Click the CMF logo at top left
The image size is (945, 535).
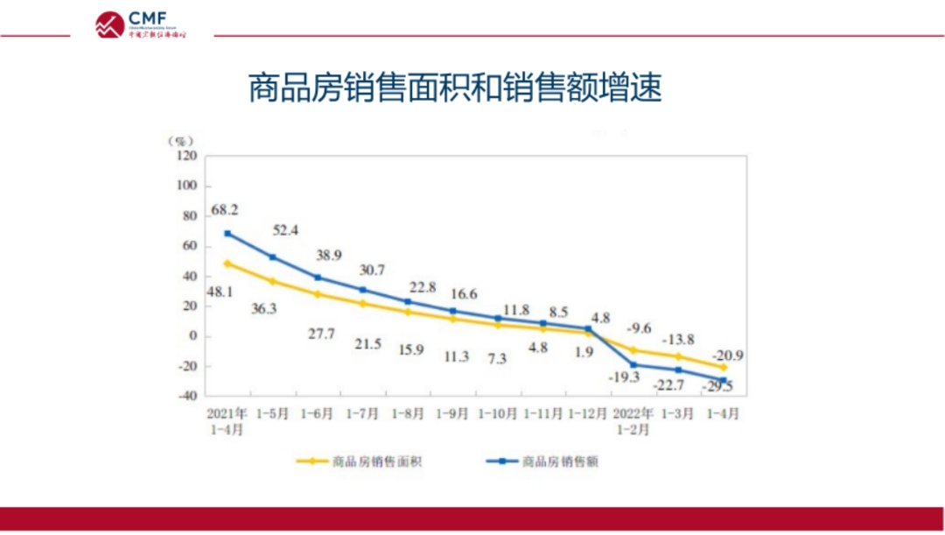click(140, 24)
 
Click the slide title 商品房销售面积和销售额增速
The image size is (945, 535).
click(455, 88)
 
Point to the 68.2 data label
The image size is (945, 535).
click(225, 210)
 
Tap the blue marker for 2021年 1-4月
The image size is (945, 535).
click(227, 234)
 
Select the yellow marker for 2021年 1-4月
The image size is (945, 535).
click(227, 264)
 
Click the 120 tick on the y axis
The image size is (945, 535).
click(187, 157)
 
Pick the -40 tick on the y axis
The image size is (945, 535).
click(186, 396)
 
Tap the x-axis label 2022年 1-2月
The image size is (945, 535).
click(632, 421)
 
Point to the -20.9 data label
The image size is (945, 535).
click(729, 355)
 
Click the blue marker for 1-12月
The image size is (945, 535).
click(588, 328)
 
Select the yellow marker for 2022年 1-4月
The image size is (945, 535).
click(724, 367)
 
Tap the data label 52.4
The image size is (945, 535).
click(284, 231)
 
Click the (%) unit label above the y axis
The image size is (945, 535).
click(181, 140)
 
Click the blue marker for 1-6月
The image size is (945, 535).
click(318, 278)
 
